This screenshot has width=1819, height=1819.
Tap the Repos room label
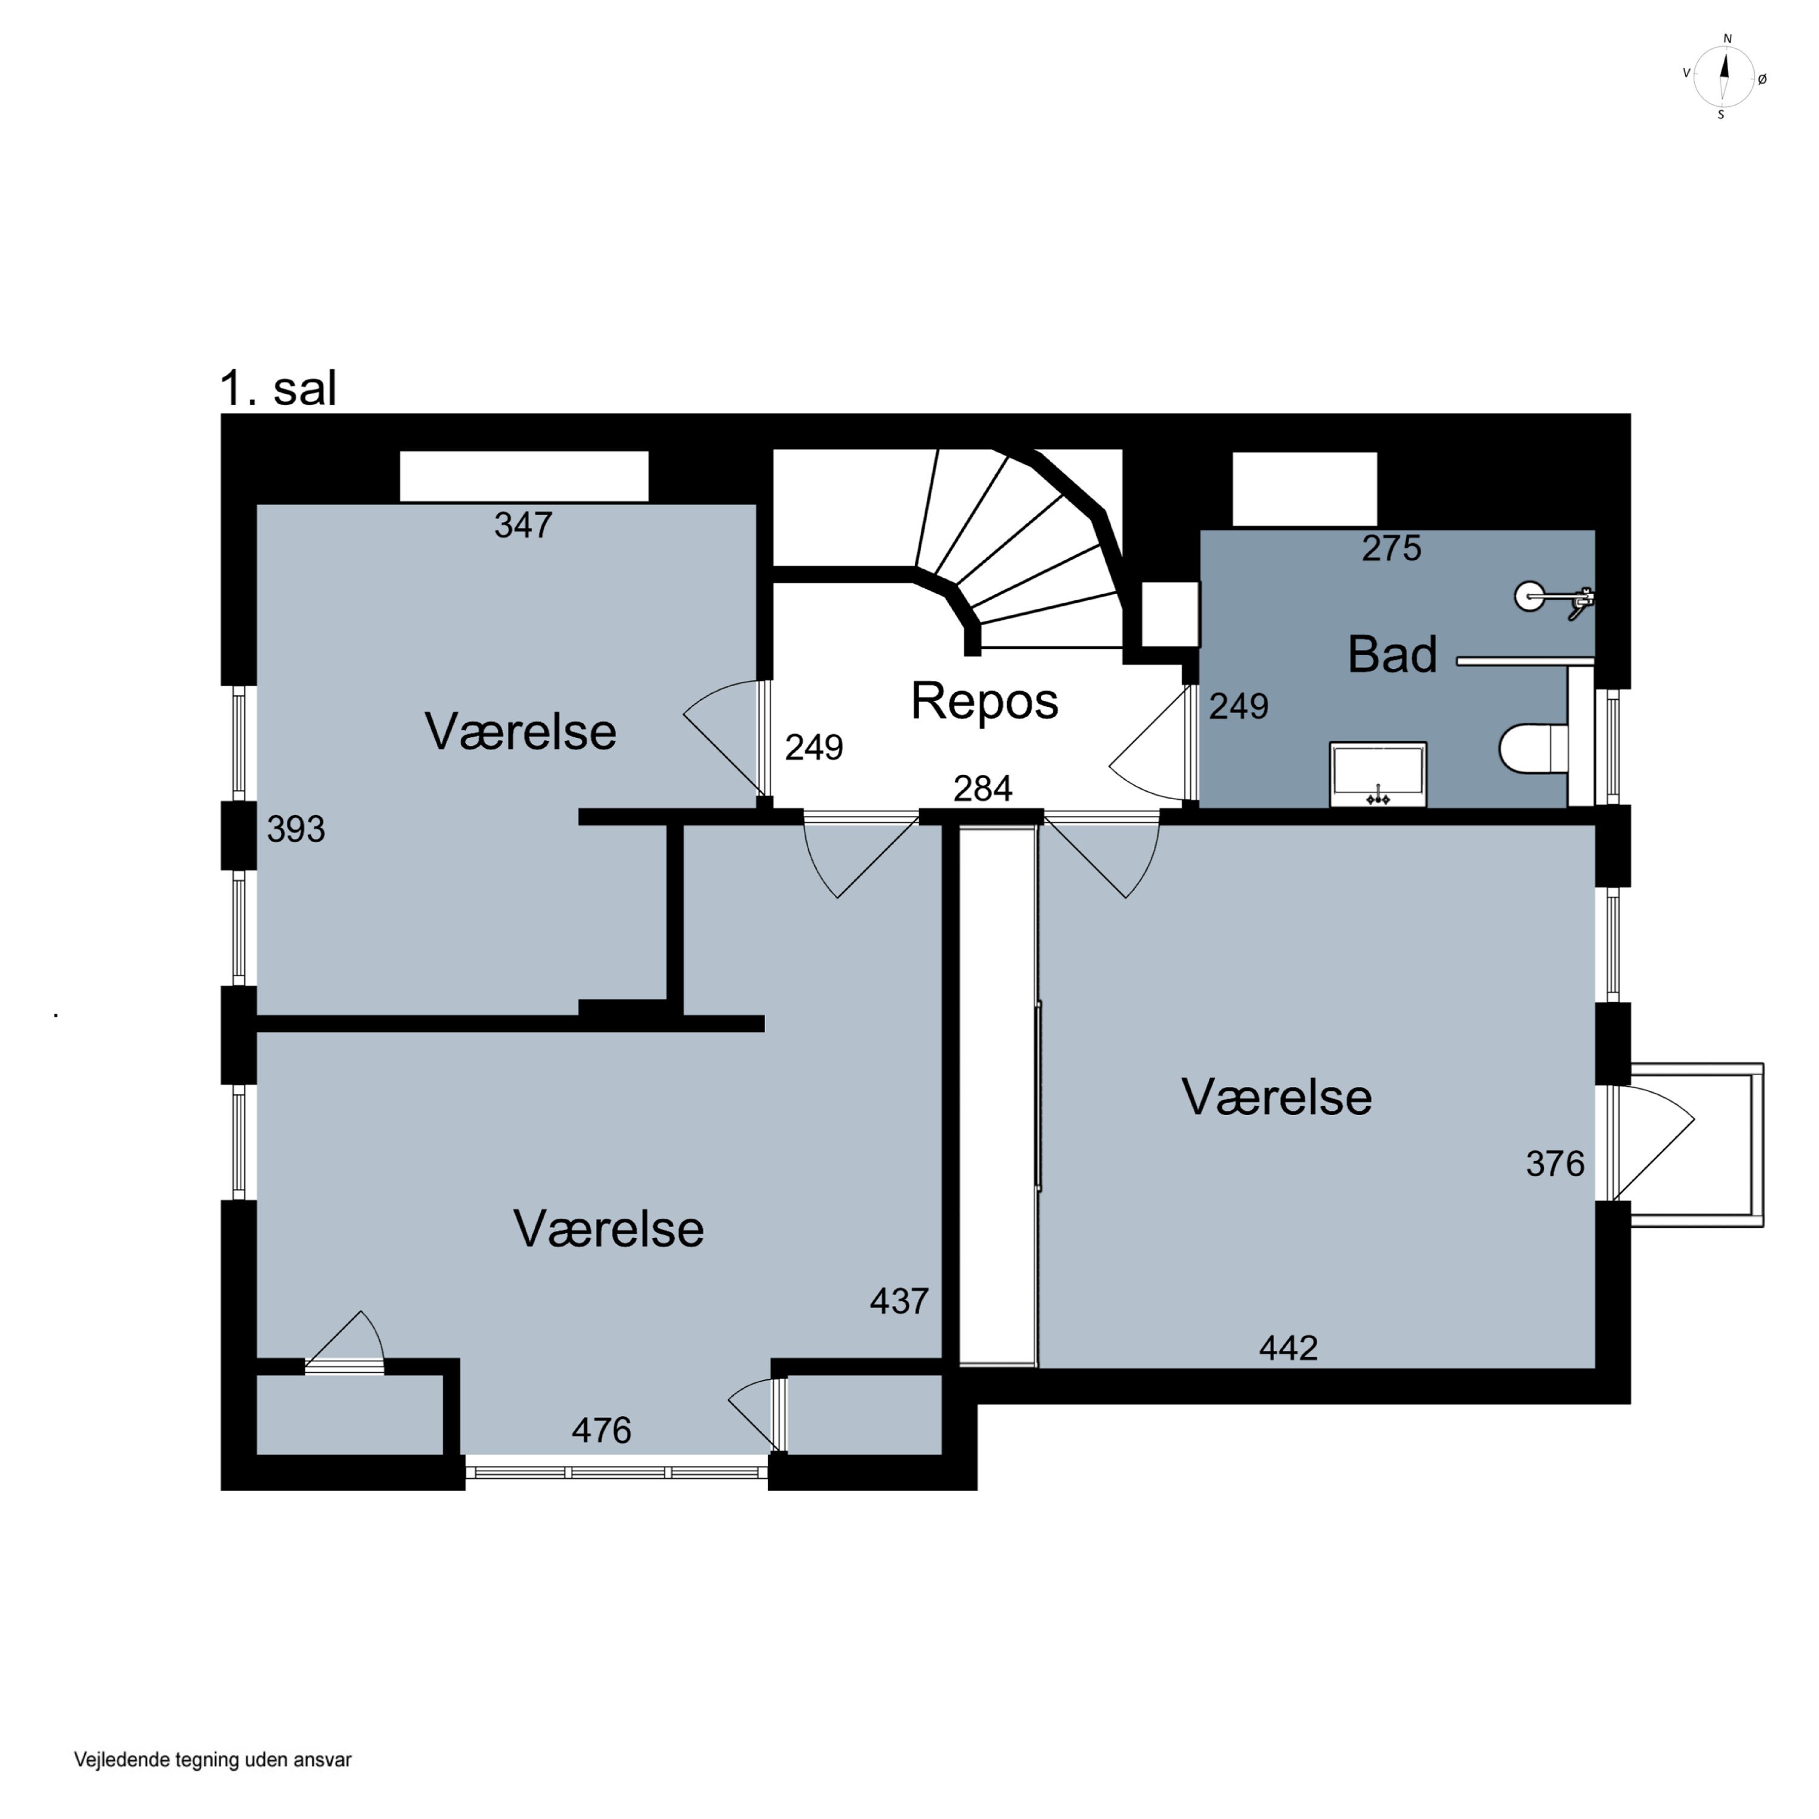pyautogui.click(x=984, y=702)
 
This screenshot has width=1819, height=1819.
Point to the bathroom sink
pyautogui.click(x=1378, y=774)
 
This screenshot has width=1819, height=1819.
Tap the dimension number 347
pyautogui.click(x=523, y=525)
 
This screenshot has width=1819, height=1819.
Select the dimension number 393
pyautogui.click(x=296, y=829)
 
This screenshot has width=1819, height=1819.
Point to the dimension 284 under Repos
pyautogui.click(x=982, y=788)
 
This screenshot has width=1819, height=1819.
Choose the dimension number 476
pyautogui.click(x=601, y=1431)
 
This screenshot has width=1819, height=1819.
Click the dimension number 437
pyautogui.click(x=899, y=1301)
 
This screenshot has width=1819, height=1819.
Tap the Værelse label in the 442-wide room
pyautogui.click(x=1277, y=1098)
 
